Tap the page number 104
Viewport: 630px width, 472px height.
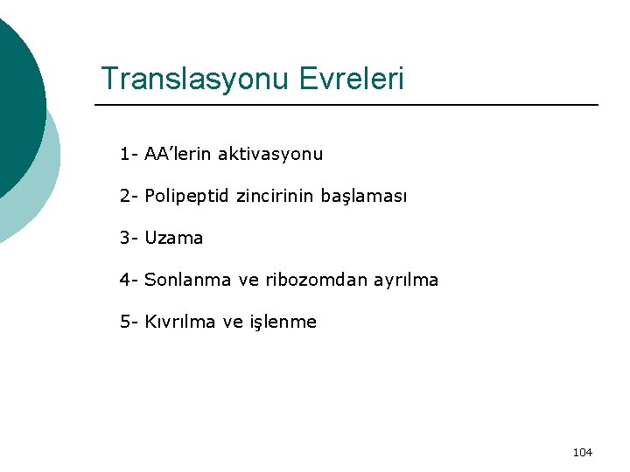582,452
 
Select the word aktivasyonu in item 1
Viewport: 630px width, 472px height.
270,155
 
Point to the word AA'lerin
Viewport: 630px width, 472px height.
178,155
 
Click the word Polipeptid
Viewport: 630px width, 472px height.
187,197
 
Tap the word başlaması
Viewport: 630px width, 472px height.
362,197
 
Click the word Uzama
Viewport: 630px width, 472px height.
173,238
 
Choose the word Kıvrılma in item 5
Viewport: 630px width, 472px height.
181,322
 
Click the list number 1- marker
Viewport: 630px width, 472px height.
129,155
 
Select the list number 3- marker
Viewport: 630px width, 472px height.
129,238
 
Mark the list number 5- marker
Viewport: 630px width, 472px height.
129,322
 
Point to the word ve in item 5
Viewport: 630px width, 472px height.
233,322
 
